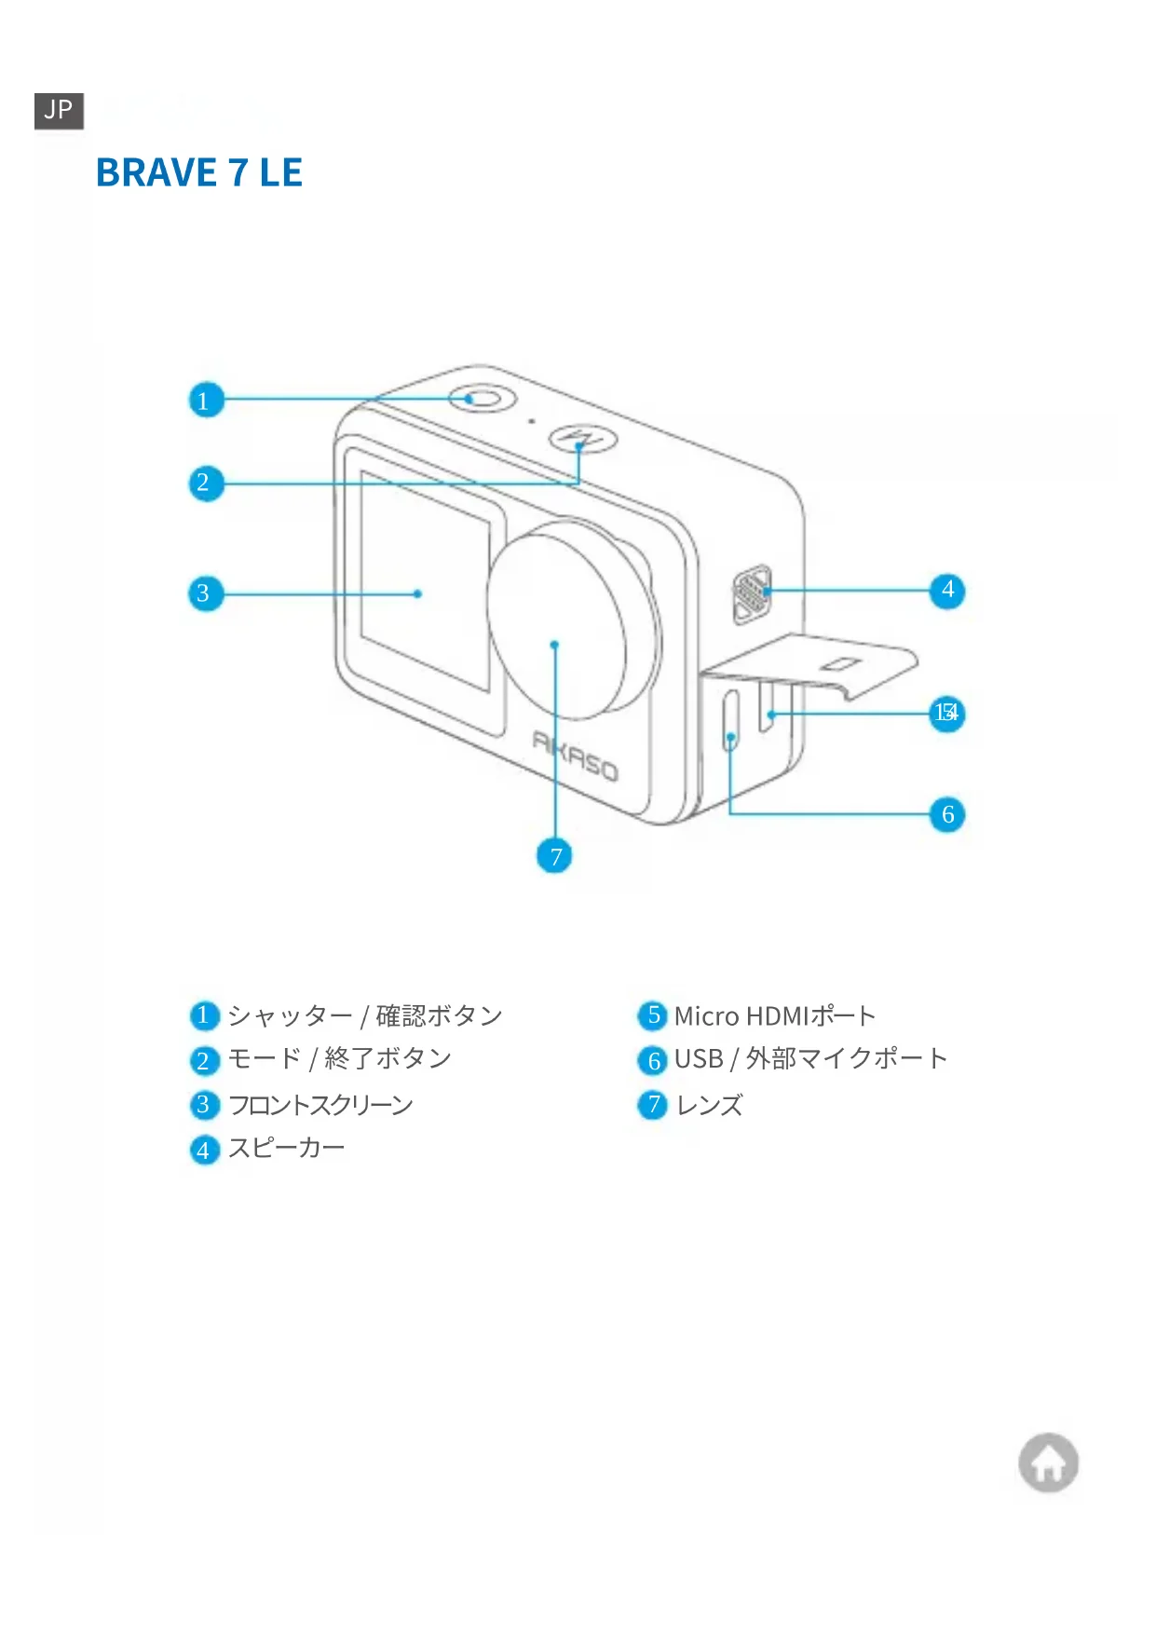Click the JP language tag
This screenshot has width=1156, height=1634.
click(59, 111)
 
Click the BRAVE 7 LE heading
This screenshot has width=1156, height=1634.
click(199, 173)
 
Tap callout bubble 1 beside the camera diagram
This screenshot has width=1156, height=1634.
click(205, 401)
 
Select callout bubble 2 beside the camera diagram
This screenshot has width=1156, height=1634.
click(205, 483)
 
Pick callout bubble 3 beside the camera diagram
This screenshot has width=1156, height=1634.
click(205, 593)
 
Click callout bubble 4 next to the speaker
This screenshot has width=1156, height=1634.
click(947, 590)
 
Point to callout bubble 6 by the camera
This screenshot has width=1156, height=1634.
click(947, 814)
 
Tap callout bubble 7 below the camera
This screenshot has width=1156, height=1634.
click(554, 856)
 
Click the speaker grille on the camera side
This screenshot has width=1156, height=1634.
click(751, 592)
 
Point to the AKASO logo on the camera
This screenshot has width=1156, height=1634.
click(575, 755)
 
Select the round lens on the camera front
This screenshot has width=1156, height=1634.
click(559, 620)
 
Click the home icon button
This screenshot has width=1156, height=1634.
click(1048, 1463)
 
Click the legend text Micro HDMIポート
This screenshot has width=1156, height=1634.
click(774, 1015)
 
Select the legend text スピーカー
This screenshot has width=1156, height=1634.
click(286, 1148)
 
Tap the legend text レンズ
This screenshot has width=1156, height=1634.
click(709, 1105)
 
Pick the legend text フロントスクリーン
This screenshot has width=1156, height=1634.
click(320, 1105)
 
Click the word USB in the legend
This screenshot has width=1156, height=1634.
click(699, 1059)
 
